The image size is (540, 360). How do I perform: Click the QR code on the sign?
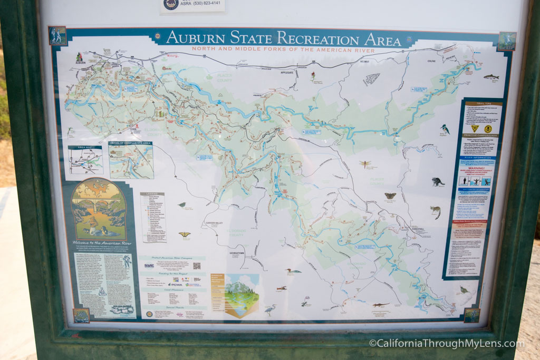click(197, 266)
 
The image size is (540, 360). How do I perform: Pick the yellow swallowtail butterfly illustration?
click(185, 234)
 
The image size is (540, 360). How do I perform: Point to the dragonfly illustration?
click(365, 164)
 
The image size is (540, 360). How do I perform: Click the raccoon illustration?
click(437, 181)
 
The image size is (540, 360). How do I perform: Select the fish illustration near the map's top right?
click(491, 77)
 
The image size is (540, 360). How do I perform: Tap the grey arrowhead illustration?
click(372, 79)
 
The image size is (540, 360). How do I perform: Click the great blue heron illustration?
click(270, 310)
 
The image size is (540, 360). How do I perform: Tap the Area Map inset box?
click(85, 160)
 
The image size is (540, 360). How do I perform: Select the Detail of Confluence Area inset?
click(131, 159)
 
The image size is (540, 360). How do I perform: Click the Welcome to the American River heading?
click(99, 242)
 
